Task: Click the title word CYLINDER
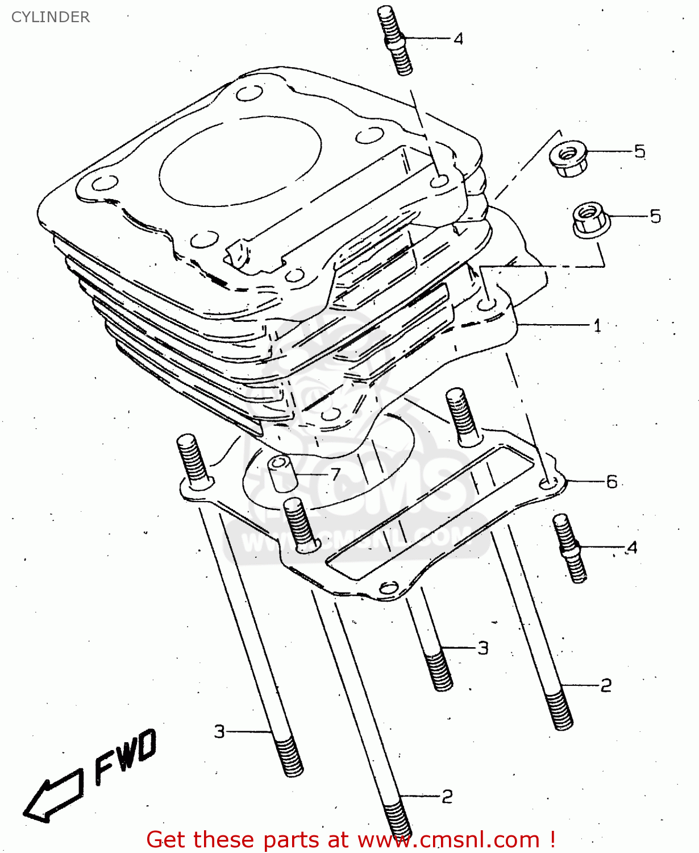50,17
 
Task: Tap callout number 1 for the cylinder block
597,326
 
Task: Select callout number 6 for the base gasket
611,482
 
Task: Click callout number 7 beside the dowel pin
335,474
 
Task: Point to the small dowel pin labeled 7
282,473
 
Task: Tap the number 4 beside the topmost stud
458,39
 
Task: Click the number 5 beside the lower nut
655,216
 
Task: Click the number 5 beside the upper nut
640,151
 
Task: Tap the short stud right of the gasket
569,548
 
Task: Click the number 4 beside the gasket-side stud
632,548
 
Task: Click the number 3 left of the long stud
220,731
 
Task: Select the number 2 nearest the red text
447,796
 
